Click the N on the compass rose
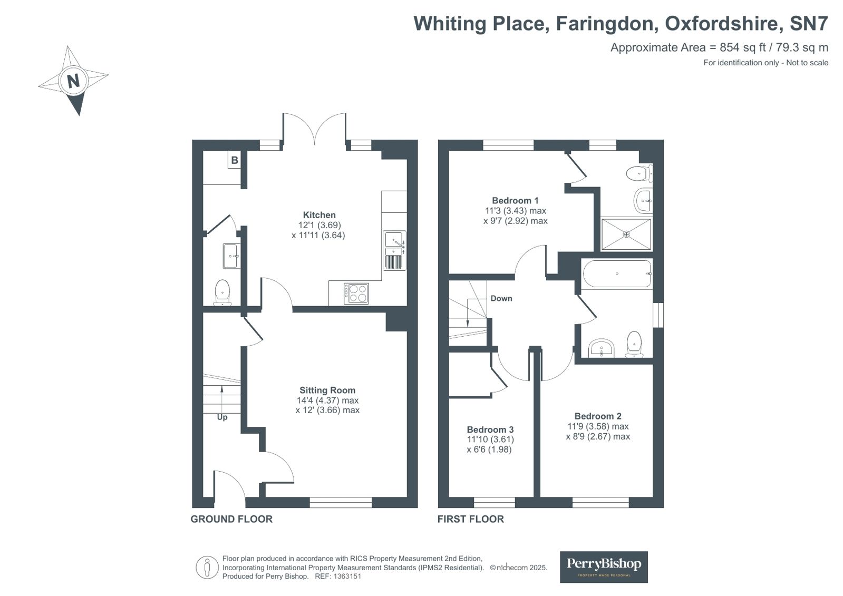pyautogui.click(x=73, y=81)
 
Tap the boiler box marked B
pyautogui.click(x=235, y=160)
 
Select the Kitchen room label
pyautogui.click(x=319, y=215)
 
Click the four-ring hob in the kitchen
pyautogui.click(x=356, y=294)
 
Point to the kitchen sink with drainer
pyautogui.click(x=395, y=250)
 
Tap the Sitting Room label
pyautogui.click(x=327, y=390)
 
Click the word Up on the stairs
pyautogui.click(x=222, y=417)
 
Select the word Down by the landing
pyautogui.click(x=501, y=298)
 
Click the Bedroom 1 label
pyautogui.click(x=515, y=201)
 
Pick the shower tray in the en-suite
pyautogui.click(x=626, y=234)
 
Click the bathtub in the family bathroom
pyautogui.click(x=617, y=273)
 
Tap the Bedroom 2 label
pyautogui.click(x=598, y=416)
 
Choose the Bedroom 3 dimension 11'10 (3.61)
pyautogui.click(x=490, y=439)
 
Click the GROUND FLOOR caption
pyautogui.click(x=231, y=519)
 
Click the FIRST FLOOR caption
pyautogui.click(x=470, y=519)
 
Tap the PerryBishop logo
pyautogui.click(x=604, y=566)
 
